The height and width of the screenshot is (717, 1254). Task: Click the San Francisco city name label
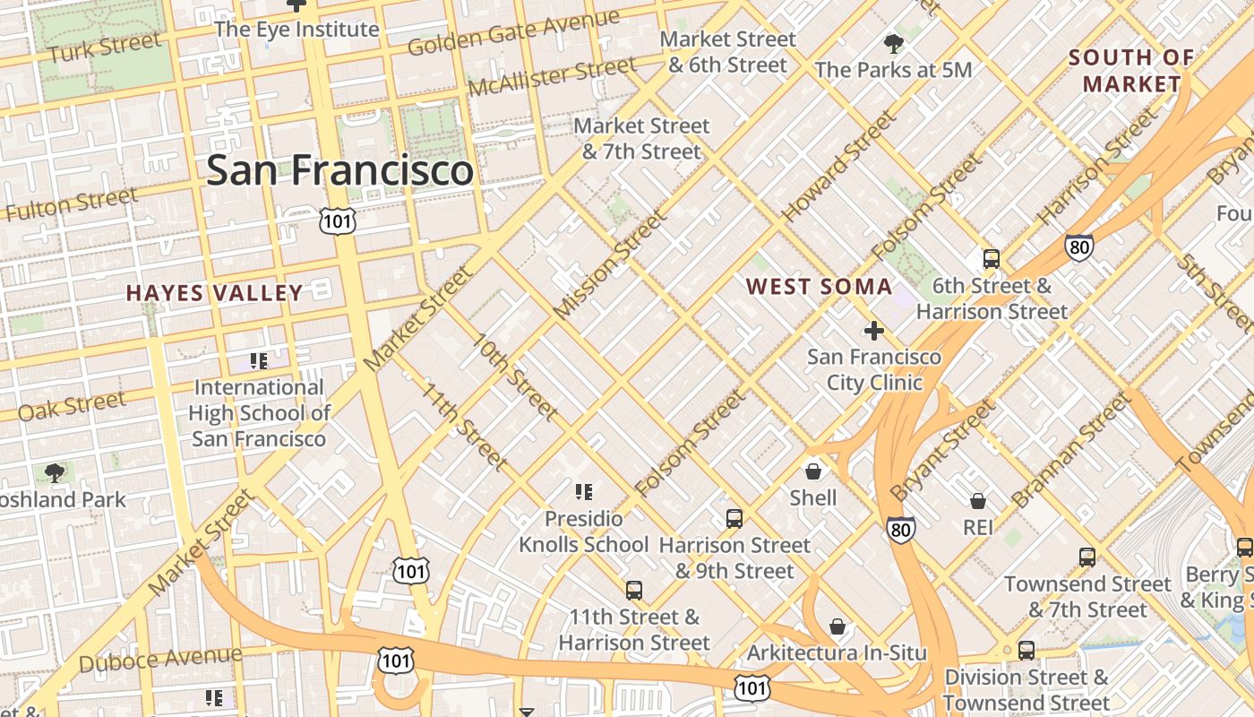(339, 170)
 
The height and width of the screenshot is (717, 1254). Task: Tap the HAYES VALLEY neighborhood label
(214, 293)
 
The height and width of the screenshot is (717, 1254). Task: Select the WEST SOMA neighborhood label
(819, 287)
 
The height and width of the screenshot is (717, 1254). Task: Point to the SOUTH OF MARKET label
(1131, 71)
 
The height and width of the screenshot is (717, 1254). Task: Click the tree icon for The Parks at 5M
(893, 43)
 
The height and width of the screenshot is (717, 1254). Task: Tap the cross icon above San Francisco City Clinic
(873, 331)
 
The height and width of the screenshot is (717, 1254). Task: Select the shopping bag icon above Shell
(813, 471)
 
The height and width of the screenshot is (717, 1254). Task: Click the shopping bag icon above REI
(978, 501)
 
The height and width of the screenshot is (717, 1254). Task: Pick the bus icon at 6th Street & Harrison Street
(992, 259)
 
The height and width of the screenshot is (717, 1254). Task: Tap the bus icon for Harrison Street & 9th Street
(734, 518)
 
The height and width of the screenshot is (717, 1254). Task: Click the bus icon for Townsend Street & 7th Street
(1087, 557)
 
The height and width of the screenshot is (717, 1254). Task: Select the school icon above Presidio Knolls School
(584, 491)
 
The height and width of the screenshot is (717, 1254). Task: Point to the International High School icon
(259, 361)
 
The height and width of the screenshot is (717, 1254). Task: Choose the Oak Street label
(72, 406)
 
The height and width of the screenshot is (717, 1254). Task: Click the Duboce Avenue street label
(160, 660)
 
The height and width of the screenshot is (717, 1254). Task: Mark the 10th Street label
(516, 377)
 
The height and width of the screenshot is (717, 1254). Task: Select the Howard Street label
(838, 167)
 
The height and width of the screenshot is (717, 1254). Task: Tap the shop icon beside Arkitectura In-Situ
(837, 626)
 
